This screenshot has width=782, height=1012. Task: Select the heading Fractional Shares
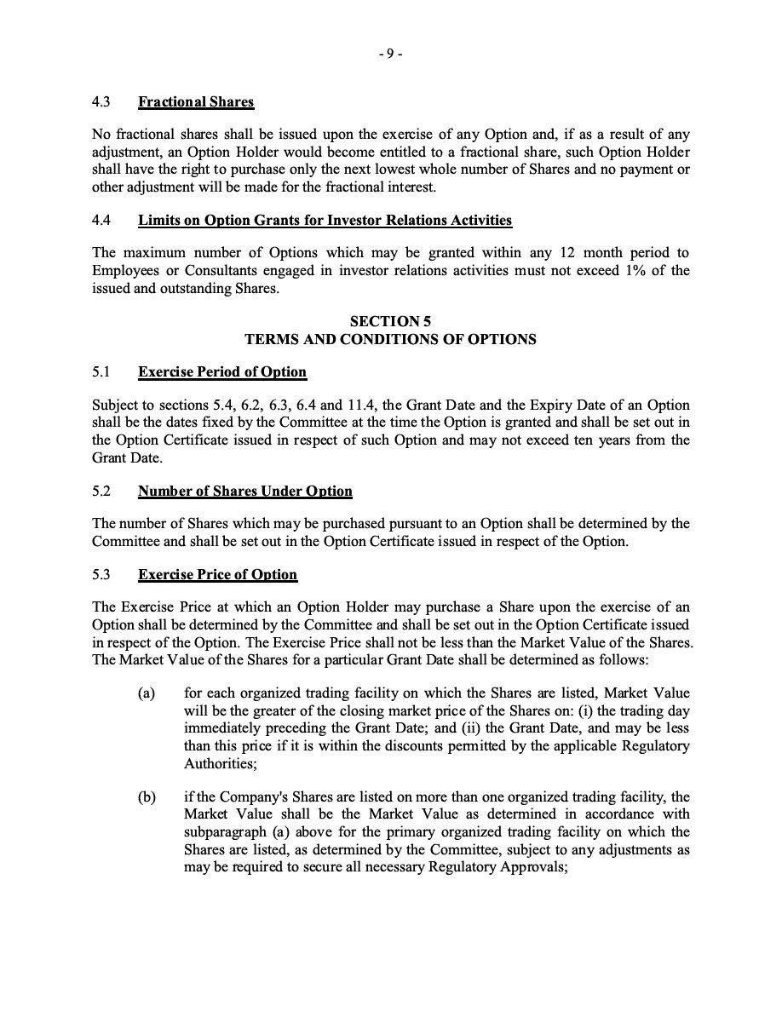196,102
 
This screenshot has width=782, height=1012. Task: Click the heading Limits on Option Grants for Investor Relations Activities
325,221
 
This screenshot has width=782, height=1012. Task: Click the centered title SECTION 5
390,321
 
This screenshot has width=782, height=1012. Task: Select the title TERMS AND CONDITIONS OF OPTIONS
390,339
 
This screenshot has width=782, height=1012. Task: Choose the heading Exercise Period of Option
222,372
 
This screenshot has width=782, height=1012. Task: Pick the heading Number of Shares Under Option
244,491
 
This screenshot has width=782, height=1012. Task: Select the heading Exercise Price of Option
217,575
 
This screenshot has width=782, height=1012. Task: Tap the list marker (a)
147,693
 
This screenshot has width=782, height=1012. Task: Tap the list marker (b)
147,797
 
